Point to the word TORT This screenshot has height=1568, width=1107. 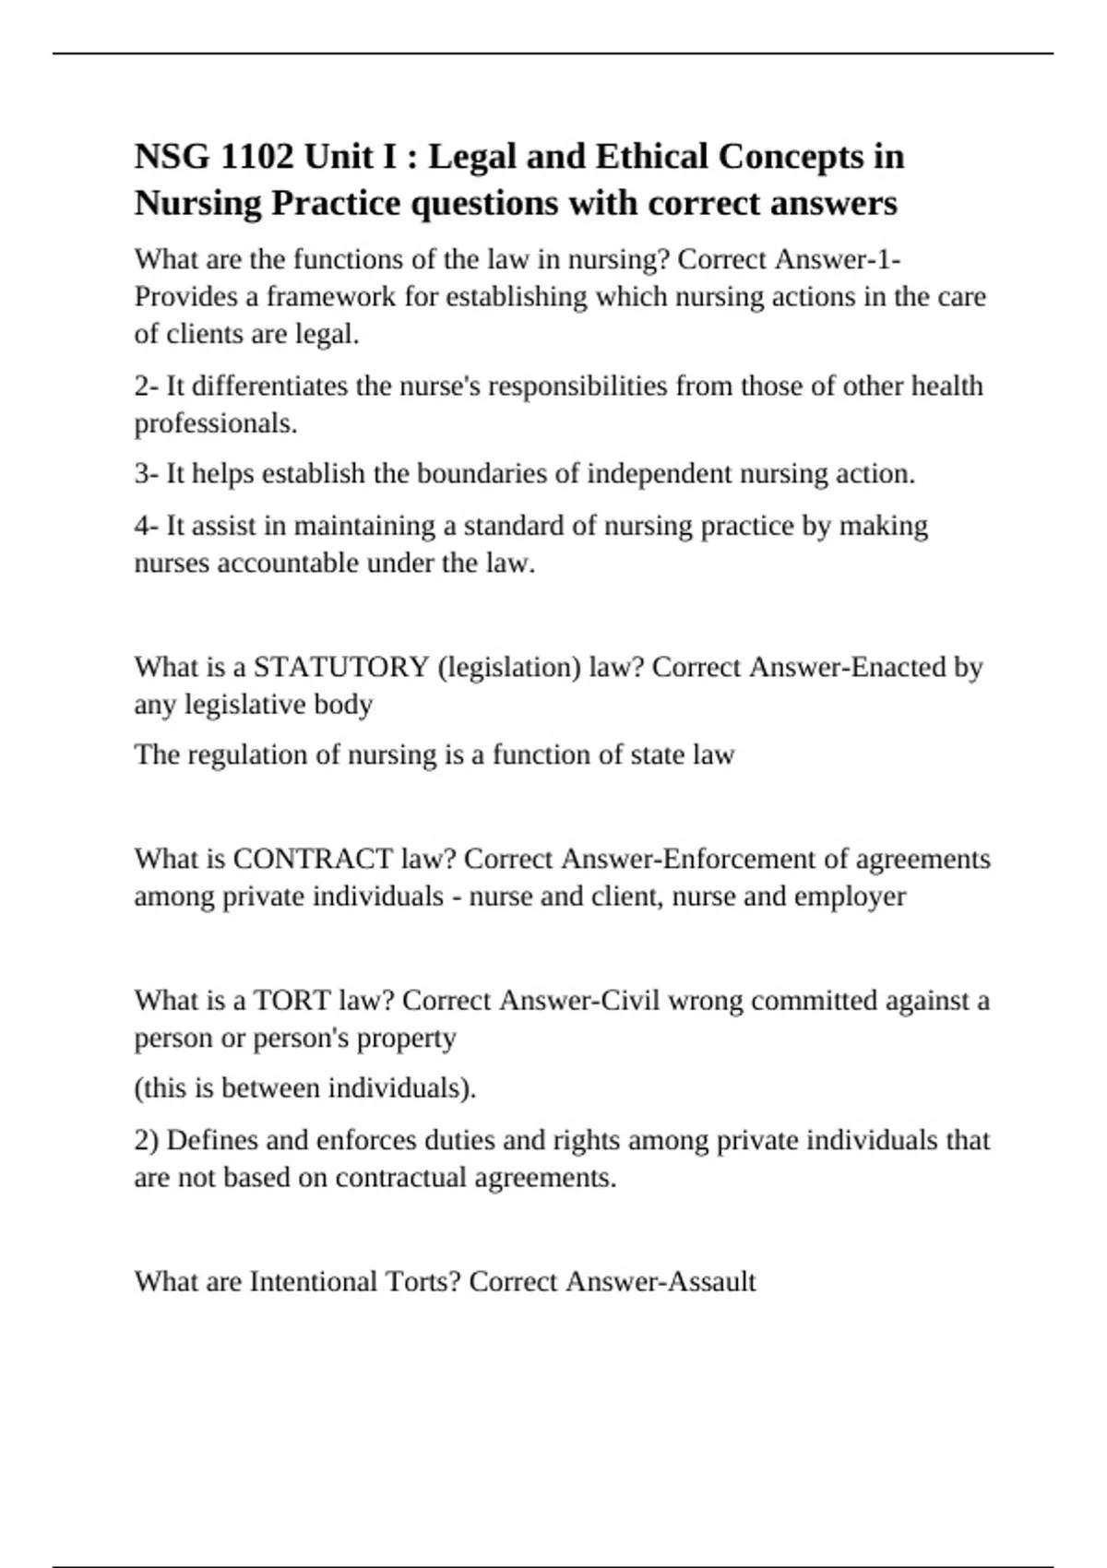[292, 1000]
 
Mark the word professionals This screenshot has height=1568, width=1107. [216, 422]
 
